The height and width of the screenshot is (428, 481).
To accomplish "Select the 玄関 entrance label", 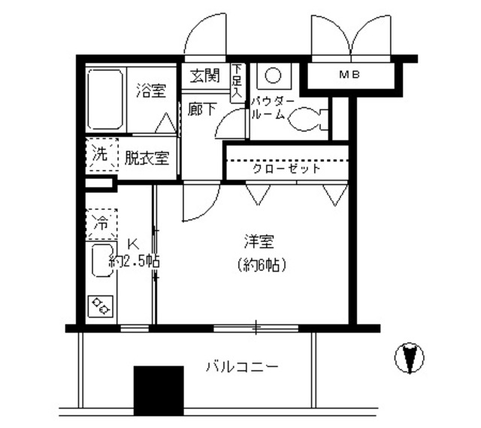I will click(x=204, y=75).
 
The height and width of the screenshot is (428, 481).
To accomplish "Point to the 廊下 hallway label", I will click(x=202, y=108).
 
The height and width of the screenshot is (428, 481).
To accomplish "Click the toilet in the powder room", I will click(x=308, y=117).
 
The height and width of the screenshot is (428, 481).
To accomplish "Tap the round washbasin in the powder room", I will click(x=271, y=77).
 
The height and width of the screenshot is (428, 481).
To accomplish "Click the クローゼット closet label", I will click(x=286, y=168).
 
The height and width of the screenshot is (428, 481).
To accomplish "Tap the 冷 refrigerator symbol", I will click(x=100, y=223).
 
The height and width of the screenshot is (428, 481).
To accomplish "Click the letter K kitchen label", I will click(x=132, y=244).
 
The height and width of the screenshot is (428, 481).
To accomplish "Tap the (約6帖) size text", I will click(x=262, y=265).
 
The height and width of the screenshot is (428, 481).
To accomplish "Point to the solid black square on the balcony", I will click(x=159, y=390).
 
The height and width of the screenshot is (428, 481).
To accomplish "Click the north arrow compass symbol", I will click(x=410, y=358).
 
